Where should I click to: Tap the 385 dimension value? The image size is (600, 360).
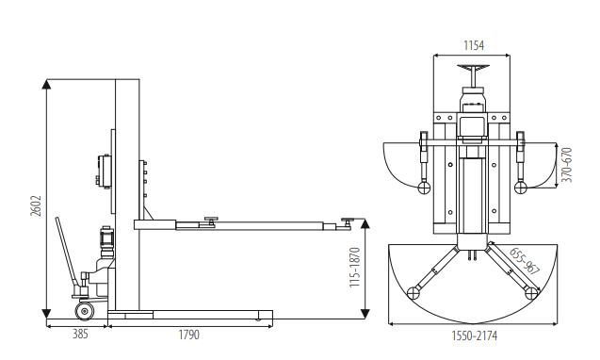(x=80, y=334)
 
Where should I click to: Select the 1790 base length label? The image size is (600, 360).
(x=189, y=335)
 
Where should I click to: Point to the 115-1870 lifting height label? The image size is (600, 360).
(x=355, y=267)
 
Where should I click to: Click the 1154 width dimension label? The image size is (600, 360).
(x=474, y=45)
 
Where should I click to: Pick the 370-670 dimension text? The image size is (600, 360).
(x=568, y=165)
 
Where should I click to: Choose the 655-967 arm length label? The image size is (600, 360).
(x=525, y=261)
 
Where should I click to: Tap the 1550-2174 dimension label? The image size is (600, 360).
(x=474, y=335)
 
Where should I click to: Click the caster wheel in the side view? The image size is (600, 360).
(x=85, y=311)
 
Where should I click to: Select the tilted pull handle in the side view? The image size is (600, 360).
(x=68, y=252)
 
